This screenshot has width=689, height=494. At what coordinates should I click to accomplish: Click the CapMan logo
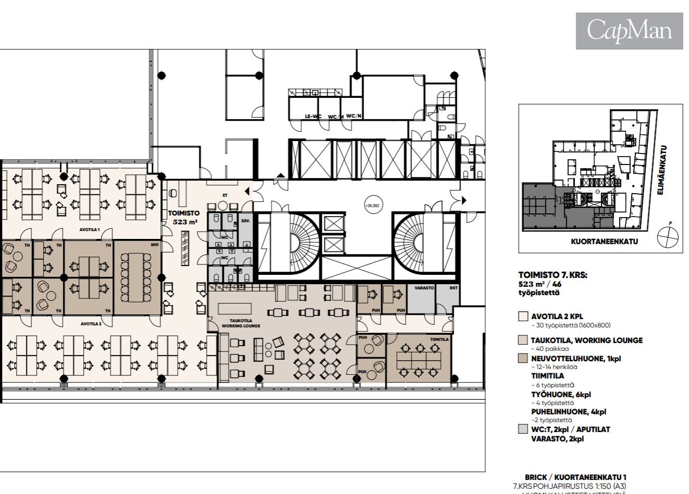pos(629,31)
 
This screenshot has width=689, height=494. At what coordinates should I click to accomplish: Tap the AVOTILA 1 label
pos(90,230)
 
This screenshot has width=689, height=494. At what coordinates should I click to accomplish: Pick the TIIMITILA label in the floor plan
pos(439,339)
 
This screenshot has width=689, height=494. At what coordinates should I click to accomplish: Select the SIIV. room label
pos(245,222)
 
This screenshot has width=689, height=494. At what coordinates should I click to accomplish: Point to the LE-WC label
pos(312,117)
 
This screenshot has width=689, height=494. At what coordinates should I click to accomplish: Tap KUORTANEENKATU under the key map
pos(604,242)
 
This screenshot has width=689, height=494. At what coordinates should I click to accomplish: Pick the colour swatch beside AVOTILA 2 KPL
pos(523,316)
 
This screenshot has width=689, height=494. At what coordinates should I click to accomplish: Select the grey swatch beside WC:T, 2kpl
pos(523,429)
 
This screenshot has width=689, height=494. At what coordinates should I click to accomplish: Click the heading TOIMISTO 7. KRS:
pos(553,275)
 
